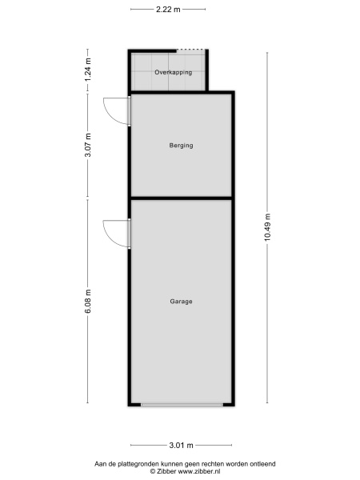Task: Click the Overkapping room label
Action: [x=174, y=73]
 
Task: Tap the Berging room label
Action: [x=182, y=146]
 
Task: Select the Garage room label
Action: [x=182, y=302]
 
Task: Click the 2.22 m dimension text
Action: [x=168, y=10]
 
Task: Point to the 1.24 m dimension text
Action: [x=88, y=70]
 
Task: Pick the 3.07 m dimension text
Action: [x=88, y=145]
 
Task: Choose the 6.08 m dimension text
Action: [x=88, y=302]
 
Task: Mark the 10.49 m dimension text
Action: [x=268, y=227]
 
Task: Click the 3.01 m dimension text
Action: [x=182, y=446]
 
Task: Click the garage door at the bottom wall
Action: [x=182, y=405]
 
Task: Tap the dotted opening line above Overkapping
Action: [x=190, y=50]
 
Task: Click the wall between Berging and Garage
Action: [x=182, y=198]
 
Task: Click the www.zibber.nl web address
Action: [x=199, y=471]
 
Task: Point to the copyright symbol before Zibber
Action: [x=153, y=472]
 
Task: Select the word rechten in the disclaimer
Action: [x=213, y=464]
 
